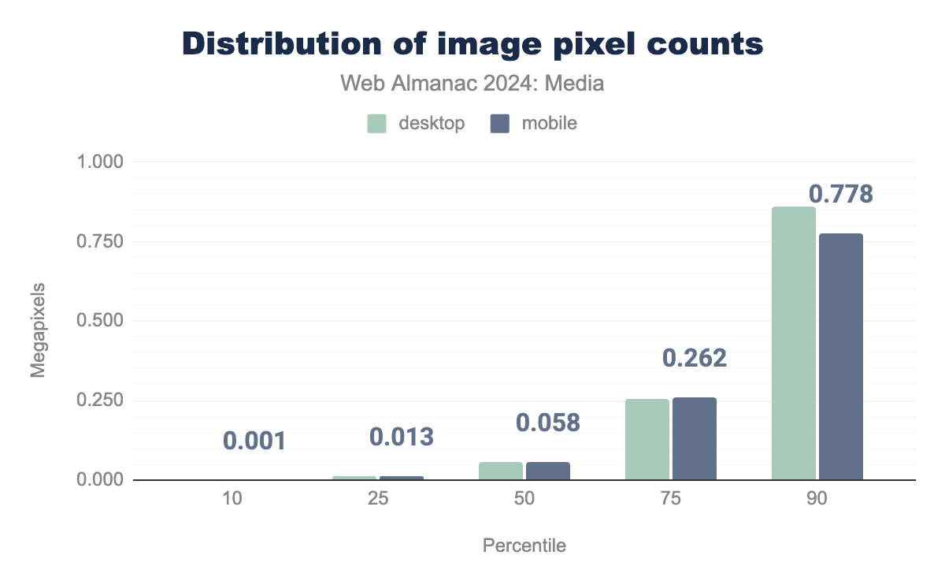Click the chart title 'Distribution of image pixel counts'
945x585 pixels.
tap(472, 44)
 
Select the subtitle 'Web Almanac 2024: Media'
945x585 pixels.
tap(472, 83)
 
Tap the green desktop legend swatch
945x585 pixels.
tap(376, 124)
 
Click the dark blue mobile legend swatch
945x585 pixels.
tap(501, 124)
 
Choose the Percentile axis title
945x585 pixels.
tap(524, 546)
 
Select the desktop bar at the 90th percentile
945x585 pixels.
tap(794, 343)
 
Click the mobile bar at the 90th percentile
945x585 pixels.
tap(841, 356)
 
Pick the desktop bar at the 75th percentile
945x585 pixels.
tap(647, 439)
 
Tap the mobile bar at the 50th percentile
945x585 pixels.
tap(548, 471)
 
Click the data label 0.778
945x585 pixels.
tap(841, 194)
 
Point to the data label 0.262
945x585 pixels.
tap(695, 359)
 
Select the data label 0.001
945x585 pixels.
tap(254, 441)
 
